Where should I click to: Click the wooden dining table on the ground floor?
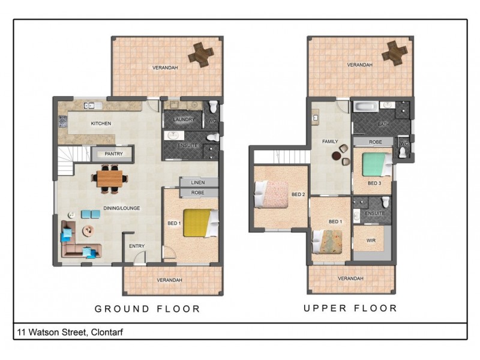[x=109, y=178]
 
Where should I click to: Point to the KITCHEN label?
[x=101, y=124]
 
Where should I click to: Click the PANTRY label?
[x=113, y=154]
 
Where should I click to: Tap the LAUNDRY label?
[x=184, y=119]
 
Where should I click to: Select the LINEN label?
[x=198, y=182]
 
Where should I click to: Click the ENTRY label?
[x=137, y=246]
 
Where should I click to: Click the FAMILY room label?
[x=331, y=142]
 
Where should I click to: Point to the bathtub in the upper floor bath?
[x=365, y=107]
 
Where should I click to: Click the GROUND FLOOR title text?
[x=147, y=309]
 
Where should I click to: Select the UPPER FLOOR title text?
[x=350, y=308]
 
